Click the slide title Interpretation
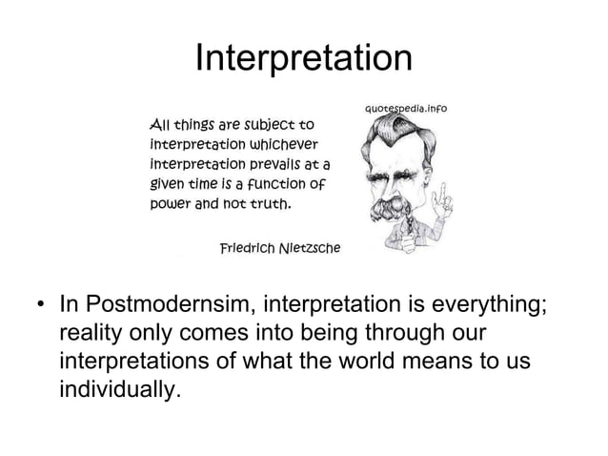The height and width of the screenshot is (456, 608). pos(303,59)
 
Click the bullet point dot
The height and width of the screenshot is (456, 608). pos(41,308)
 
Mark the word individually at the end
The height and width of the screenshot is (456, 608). pos(118,391)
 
